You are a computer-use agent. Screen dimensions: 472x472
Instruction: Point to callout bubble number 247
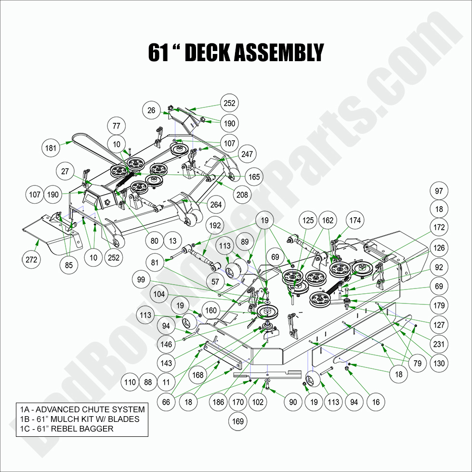pyautogui.click(x=247, y=154)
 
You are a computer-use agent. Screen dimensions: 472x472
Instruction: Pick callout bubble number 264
pyautogui.click(x=216, y=204)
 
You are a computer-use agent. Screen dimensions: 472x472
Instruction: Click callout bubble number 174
pyautogui.click(x=355, y=221)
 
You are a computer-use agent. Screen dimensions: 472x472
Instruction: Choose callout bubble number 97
pyautogui.click(x=439, y=191)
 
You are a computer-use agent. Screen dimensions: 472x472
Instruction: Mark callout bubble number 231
pyautogui.click(x=439, y=344)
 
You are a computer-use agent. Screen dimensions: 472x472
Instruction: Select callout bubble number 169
pyautogui.click(x=238, y=421)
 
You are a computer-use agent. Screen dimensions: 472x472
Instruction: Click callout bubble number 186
pyautogui.click(x=218, y=402)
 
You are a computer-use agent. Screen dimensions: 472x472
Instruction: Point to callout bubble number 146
pyautogui.click(x=166, y=344)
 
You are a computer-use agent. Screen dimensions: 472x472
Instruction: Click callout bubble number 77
pyautogui.click(x=116, y=127)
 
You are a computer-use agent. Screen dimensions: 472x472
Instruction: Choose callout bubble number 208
pyautogui.click(x=242, y=195)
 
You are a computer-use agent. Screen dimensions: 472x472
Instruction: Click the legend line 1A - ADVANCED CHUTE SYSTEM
pyautogui.click(x=82, y=409)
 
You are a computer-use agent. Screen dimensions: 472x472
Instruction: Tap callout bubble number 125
pyautogui.click(x=308, y=221)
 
